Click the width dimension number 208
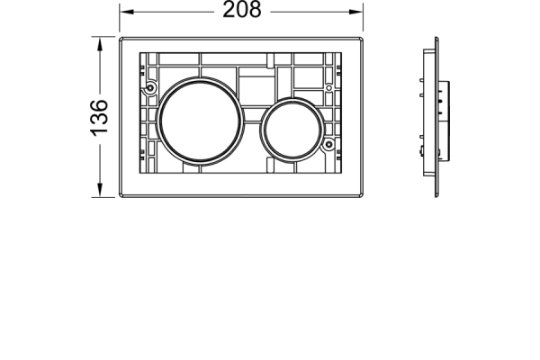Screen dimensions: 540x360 coord(242,10)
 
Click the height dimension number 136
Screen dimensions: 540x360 coord(99,118)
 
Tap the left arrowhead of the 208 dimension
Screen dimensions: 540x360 coord(126,12)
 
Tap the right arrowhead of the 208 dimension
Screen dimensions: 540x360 coord(356,12)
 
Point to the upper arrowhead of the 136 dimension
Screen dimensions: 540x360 coord(100,44)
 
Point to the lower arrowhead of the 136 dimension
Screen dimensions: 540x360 coord(100,190)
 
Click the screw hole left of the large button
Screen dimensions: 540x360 coord(149,88)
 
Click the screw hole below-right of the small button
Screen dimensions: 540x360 coord(328,144)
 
